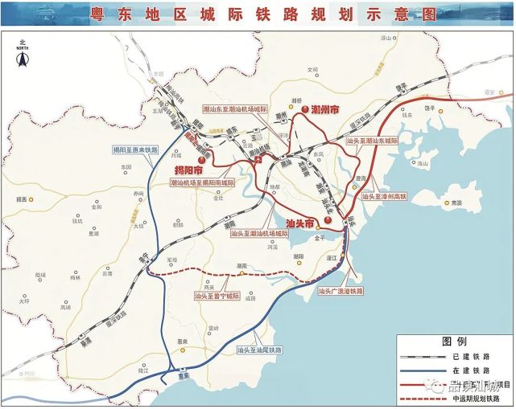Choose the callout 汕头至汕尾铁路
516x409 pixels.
pos(259,350)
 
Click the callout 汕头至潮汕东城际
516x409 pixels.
pos(373,140)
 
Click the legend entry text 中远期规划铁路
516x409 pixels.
pos(476,397)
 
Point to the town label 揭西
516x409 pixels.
pos(22,198)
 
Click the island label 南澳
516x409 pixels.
pos(457,204)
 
